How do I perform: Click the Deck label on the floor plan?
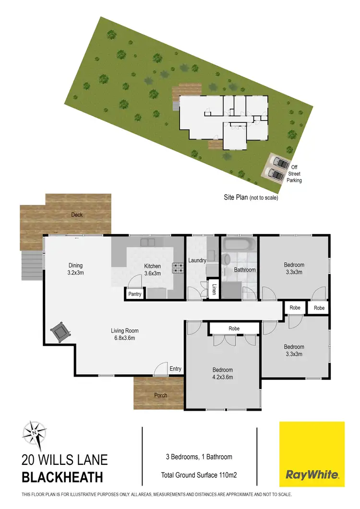click(x=77, y=214)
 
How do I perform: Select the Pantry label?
click(x=135, y=294)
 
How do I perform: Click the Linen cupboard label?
click(x=214, y=290)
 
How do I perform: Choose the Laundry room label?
click(x=197, y=260)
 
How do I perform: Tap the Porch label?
click(x=160, y=396)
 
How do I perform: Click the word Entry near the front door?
click(x=176, y=368)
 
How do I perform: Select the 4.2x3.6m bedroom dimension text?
click(x=223, y=377)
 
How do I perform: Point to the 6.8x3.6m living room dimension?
click(x=124, y=338)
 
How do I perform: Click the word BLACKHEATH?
click(x=62, y=477)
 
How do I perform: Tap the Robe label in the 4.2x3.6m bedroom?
click(x=234, y=329)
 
